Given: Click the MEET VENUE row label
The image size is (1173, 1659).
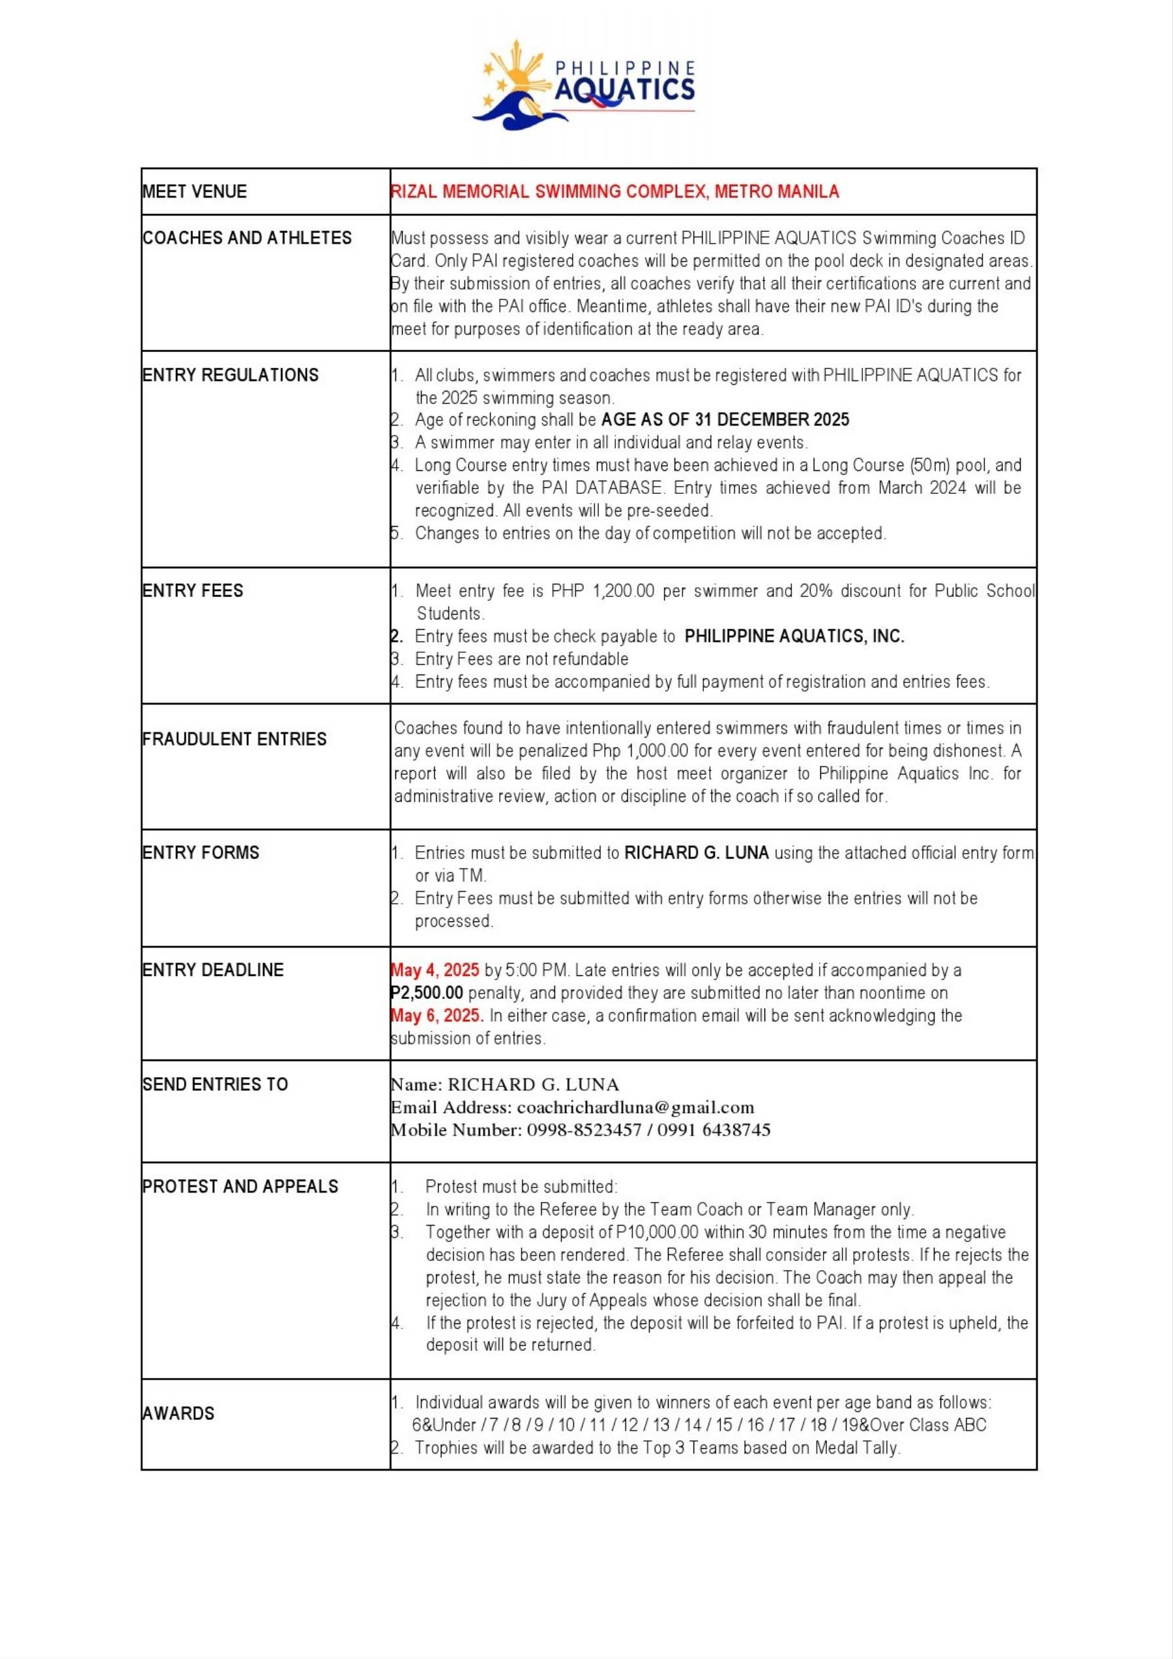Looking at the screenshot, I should coord(194,192).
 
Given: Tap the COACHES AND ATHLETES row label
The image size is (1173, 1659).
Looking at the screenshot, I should coord(247,238).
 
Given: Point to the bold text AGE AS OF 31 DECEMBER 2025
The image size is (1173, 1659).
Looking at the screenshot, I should coord(725,420).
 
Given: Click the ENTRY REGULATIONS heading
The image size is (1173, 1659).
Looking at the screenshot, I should coord(231,375).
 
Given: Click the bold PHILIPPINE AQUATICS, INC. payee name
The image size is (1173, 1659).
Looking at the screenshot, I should coord(794,636).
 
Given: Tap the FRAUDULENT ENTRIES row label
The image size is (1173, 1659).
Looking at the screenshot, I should coord(235,739).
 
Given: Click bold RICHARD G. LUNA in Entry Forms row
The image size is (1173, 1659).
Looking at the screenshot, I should coord(696,852).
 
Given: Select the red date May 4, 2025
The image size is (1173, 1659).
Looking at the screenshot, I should coord(435,971).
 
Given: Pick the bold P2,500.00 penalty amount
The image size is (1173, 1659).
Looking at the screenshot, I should coord(427,993).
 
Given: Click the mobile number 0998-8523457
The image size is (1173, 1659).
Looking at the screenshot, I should coord(583,1130).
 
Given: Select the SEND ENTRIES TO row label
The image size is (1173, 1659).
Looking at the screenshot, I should coord(215,1084).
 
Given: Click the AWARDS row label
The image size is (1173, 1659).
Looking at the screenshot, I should coord(179,1413).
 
